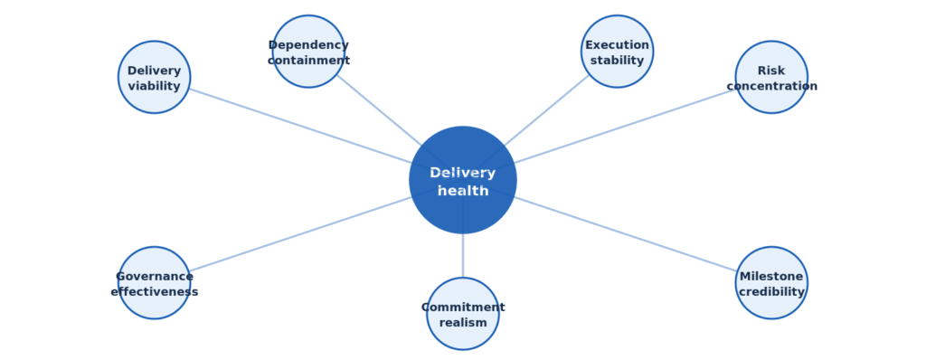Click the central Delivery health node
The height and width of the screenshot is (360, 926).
click(x=463, y=180)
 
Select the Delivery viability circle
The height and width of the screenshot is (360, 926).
click(x=154, y=77)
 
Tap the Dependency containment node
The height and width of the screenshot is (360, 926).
click(x=308, y=52)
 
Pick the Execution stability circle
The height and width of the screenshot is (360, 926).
click(x=617, y=52)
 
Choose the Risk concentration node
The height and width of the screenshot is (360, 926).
click(x=771, y=77)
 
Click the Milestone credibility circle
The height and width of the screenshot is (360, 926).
click(x=771, y=282)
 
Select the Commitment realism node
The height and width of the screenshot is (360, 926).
click(x=463, y=313)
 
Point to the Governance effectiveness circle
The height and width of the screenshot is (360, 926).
click(x=154, y=282)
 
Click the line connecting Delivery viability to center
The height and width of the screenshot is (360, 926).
click(x=300, y=126)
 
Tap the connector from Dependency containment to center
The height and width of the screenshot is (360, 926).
click(x=380, y=111)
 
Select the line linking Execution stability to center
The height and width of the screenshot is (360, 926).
click(x=546, y=111)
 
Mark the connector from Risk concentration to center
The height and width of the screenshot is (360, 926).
click(x=626, y=126)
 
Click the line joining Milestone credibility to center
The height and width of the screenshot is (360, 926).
click(x=626, y=234)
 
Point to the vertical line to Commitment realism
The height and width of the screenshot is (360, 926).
click(x=463, y=255)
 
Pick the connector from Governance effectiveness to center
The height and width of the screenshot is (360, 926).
click(x=300, y=234)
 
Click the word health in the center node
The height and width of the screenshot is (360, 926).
click(x=463, y=191)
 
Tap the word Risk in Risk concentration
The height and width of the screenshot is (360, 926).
click(x=771, y=71)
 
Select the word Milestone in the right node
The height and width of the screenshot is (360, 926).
click(x=771, y=277)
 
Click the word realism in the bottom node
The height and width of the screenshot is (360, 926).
click(x=463, y=323)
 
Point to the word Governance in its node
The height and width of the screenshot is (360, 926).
click(x=154, y=277)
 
